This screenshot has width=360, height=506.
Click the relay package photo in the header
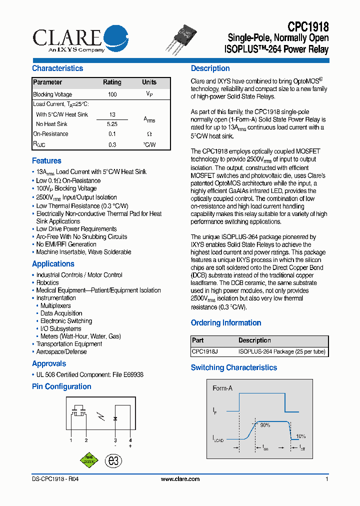click(x=182, y=38)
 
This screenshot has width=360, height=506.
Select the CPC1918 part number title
click(x=307, y=26)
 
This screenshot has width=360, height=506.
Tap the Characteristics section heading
click(x=57, y=68)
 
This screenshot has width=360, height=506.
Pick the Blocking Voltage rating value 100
click(x=112, y=94)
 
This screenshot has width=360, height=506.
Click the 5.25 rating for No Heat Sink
click(x=112, y=124)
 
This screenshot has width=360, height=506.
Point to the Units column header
click(x=149, y=82)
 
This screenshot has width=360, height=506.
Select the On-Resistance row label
click(x=50, y=134)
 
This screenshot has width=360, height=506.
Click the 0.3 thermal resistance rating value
click(x=112, y=145)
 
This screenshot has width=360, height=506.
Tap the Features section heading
click(x=46, y=161)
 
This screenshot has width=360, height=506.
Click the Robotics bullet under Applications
click(x=47, y=283)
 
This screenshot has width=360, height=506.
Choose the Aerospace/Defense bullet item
click(x=61, y=352)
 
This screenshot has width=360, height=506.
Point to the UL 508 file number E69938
click(x=133, y=375)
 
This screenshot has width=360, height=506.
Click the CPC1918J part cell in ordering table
click(x=204, y=352)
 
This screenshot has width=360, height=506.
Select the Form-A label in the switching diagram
click(x=222, y=388)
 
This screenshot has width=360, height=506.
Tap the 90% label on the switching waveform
click(x=264, y=425)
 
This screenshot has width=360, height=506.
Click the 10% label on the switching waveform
click(x=300, y=436)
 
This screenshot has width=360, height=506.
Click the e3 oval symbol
click(x=114, y=461)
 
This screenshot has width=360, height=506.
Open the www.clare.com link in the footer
click(x=180, y=479)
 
